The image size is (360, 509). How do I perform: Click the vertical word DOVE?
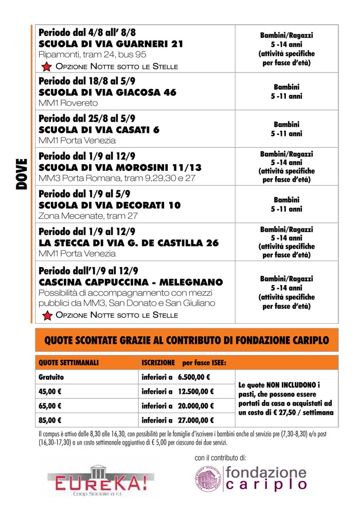21,174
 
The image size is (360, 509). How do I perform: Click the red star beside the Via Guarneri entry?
46,66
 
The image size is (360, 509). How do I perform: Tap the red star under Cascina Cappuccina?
46,315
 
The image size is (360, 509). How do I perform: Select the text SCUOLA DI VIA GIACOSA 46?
107,93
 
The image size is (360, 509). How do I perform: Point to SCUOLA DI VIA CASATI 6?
99,130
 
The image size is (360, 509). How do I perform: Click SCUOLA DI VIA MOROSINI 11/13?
120,168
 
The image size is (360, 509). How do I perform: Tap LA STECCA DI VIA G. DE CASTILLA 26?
129,243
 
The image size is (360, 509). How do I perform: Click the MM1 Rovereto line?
68,103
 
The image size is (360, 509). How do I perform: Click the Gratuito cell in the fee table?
51,377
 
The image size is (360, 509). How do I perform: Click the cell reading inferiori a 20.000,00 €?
177,406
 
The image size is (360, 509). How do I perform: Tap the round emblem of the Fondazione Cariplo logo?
207,478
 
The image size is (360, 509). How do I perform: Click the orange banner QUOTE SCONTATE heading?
187,340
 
